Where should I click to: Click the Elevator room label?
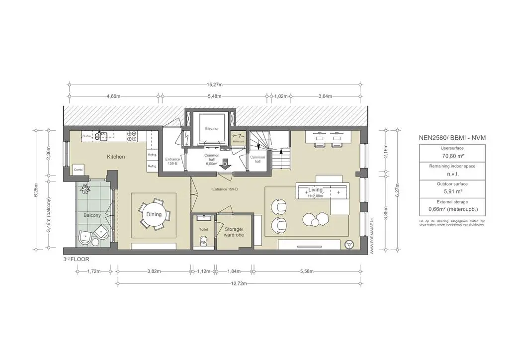coord(212,129)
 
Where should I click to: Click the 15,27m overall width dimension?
coord(216,84)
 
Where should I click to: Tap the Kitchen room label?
coord(116,157)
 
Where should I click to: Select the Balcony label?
coord(92,215)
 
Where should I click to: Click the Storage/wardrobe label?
coord(234,231)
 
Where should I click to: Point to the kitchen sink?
coord(103,135)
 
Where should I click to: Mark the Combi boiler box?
coord(78,170)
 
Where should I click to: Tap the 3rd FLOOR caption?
coord(76,260)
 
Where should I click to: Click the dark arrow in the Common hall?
coord(225,164)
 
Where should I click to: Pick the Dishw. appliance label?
coord(87,135)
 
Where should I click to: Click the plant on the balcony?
coord(85,188)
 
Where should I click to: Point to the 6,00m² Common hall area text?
coord(212,163)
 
